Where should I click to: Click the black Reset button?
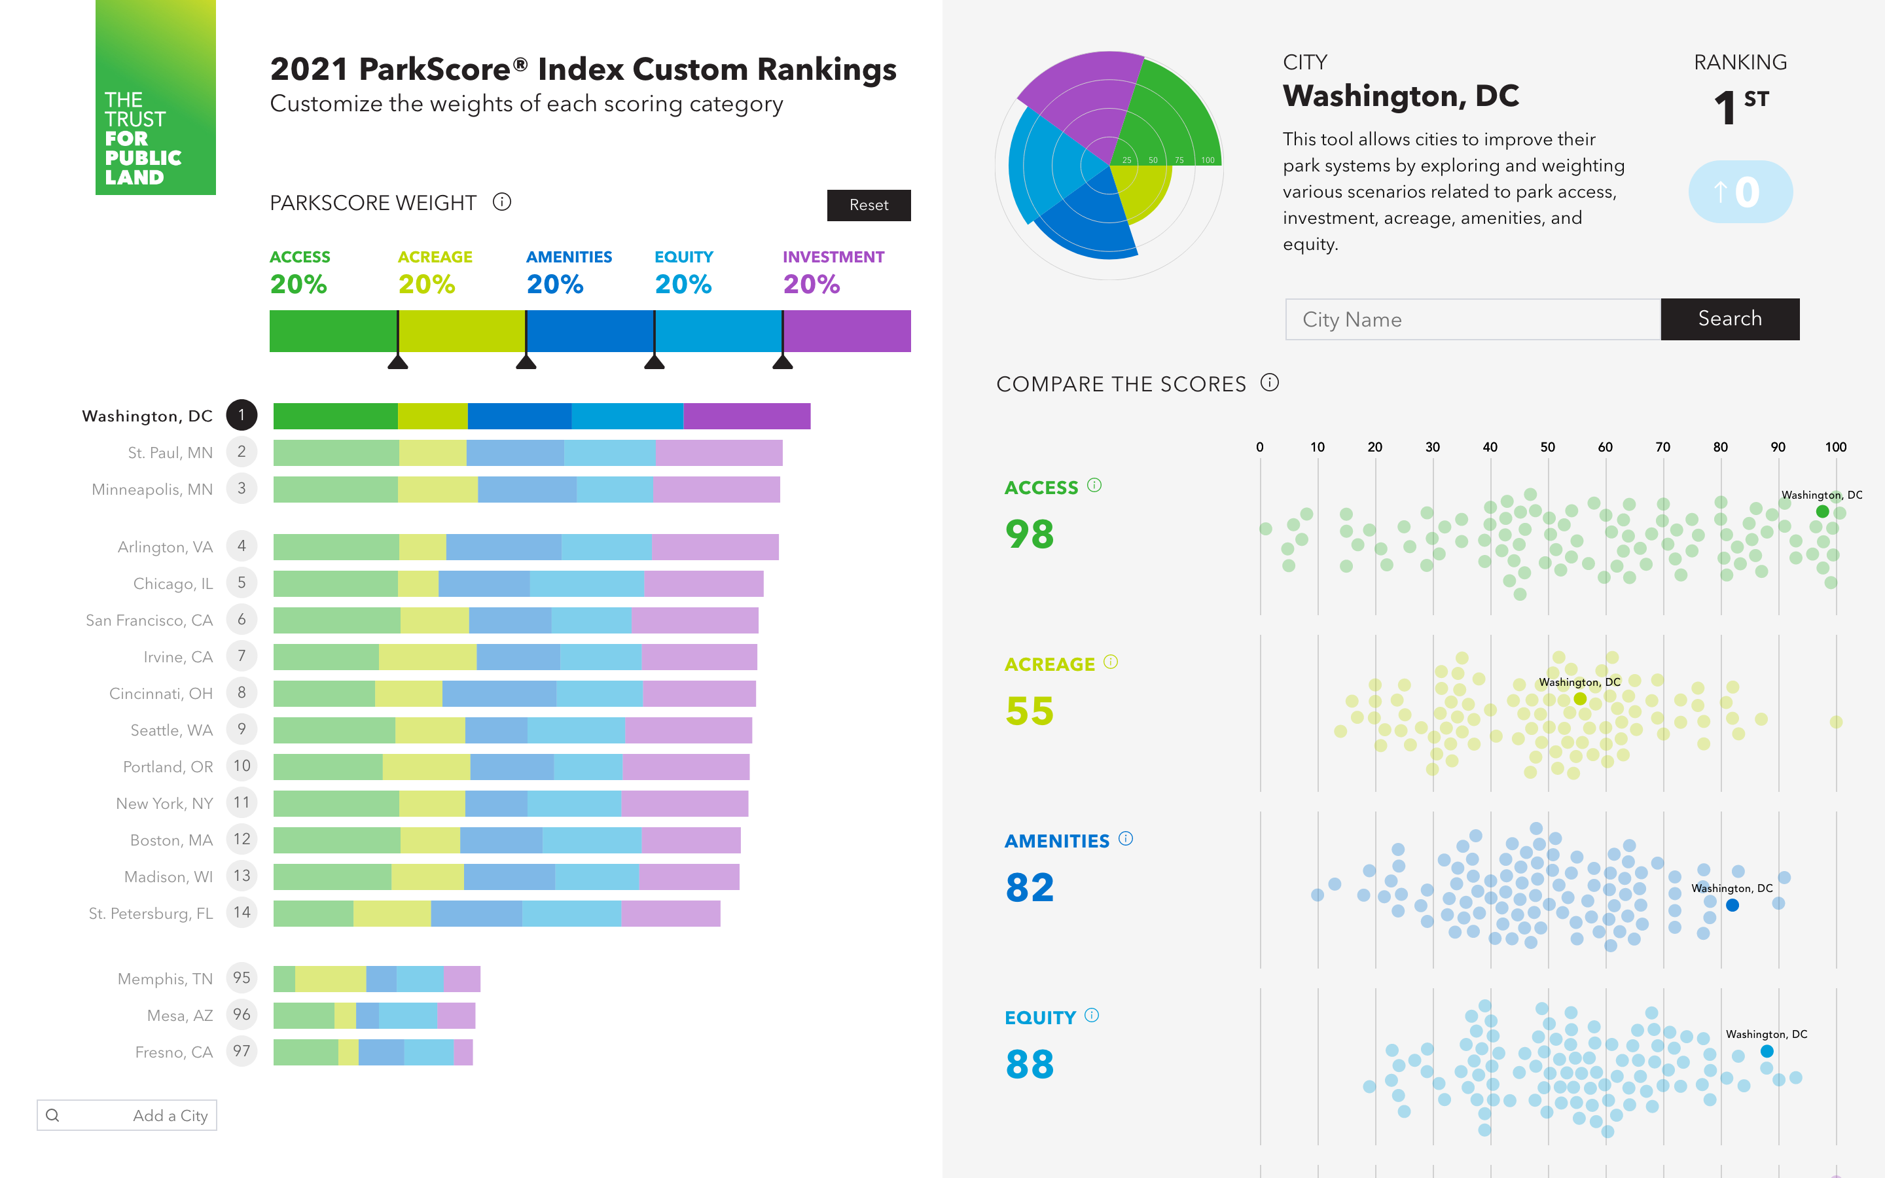(869, 205)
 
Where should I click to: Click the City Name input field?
(1472, 319)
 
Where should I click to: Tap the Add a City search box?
(127, 1115)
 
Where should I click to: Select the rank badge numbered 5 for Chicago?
(242, 582)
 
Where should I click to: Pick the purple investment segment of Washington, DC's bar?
(746, 416)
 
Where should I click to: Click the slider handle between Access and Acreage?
(398, 361)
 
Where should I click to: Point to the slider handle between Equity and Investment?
(782, 361)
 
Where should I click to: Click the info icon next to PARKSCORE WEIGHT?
(501, 203)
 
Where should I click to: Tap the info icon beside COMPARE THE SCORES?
(1270, 383)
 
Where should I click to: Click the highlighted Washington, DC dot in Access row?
(1822, 512)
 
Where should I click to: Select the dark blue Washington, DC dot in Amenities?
(1732, 905)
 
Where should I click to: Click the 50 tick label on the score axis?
(1547, 447)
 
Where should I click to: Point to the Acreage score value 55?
(1029, 711)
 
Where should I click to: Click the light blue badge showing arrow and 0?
(1740, 192)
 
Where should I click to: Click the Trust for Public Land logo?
(155, 98)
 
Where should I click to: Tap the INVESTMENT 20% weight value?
(811, 285)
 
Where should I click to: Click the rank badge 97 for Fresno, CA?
(242, 1052)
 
